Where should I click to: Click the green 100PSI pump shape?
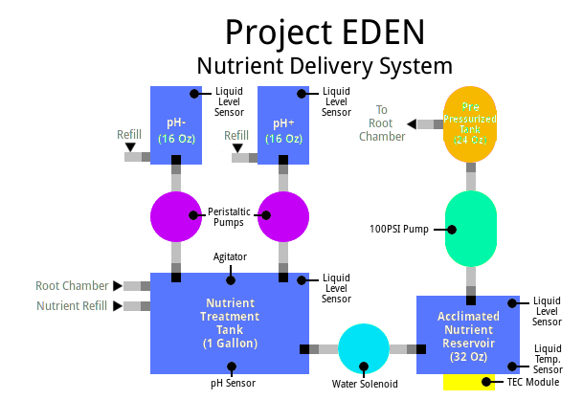coord(472,230)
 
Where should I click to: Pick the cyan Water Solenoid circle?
coord(366,350)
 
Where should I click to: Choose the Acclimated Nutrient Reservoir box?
coord(468,335)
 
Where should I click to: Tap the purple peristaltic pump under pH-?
coord(177,217)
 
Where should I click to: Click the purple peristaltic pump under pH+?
coord(284,217)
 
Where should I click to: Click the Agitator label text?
coord(231,256)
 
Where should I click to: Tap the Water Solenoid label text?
coord(365,385)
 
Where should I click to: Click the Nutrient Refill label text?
coord(72,306)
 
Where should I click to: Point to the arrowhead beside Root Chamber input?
coord(118,285)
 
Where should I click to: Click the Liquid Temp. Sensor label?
coord(548,358)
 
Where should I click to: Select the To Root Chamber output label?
coord(382,122)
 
